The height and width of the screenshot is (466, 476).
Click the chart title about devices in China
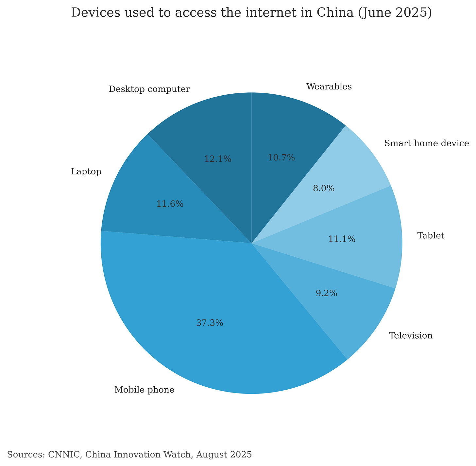click(x=251, y=13)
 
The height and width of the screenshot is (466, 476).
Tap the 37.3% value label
click(x=210, y=323)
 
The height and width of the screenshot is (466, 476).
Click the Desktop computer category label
click(x=149, y=89)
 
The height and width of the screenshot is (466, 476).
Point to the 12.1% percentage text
click(x=218, y=159)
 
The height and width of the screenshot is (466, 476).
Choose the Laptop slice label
click(x=86, y=172)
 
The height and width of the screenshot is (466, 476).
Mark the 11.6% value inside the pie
click(x=170, y=204)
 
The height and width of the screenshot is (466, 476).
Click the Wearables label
click(x=329, y=87)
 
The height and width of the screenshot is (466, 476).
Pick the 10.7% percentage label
click(x=281, y=158)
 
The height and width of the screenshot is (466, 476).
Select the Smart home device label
click(x=427, y=143)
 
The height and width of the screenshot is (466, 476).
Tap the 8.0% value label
click(x=324, y=188)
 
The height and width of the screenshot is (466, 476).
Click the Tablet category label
click(x=431, y=236)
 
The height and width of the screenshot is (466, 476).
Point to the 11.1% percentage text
click(x=342, y=239)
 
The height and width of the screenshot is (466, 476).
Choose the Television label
click(x=411, y=336)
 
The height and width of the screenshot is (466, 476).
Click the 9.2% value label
click(x=326, y=294)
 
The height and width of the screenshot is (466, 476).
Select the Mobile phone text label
click(x=144, y=390)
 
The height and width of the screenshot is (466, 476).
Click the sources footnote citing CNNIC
click(x=129, y=454)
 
